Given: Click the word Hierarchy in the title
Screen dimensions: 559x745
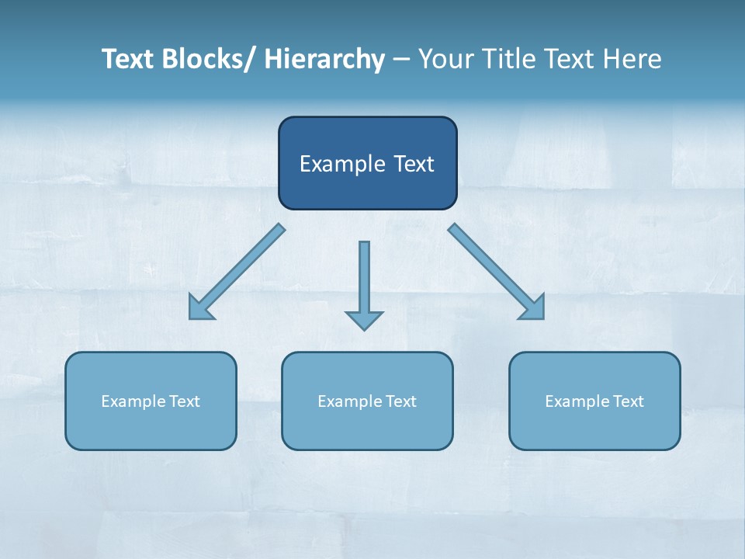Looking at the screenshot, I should [x=324, y=59].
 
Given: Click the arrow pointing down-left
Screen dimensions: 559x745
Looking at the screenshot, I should [x=237, y=272].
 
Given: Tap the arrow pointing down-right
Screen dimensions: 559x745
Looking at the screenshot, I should [x=497, y=272].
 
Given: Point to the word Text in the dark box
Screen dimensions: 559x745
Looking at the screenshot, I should [x=411, y=164].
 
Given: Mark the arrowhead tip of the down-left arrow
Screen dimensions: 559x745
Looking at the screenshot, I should [x=191, y=318].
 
